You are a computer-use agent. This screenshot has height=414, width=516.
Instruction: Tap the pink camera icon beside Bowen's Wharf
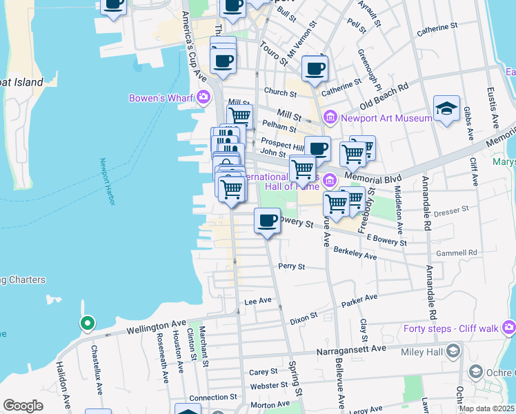pos(203,97)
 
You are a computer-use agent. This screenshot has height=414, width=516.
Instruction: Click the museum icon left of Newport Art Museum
pos(330,118)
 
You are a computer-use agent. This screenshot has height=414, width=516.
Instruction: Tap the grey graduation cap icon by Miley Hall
pos(453,353)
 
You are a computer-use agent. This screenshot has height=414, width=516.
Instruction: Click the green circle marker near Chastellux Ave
pos(87,323)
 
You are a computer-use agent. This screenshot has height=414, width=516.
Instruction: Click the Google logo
pos(23,405)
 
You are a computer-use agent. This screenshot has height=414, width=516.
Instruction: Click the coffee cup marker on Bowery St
pos(267,221)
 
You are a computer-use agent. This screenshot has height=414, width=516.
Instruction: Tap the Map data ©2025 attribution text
pos(486,408)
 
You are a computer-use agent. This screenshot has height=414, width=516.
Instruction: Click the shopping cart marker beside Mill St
pos(239,116)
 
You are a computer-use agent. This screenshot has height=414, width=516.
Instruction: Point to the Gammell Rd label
pos(462,253)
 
